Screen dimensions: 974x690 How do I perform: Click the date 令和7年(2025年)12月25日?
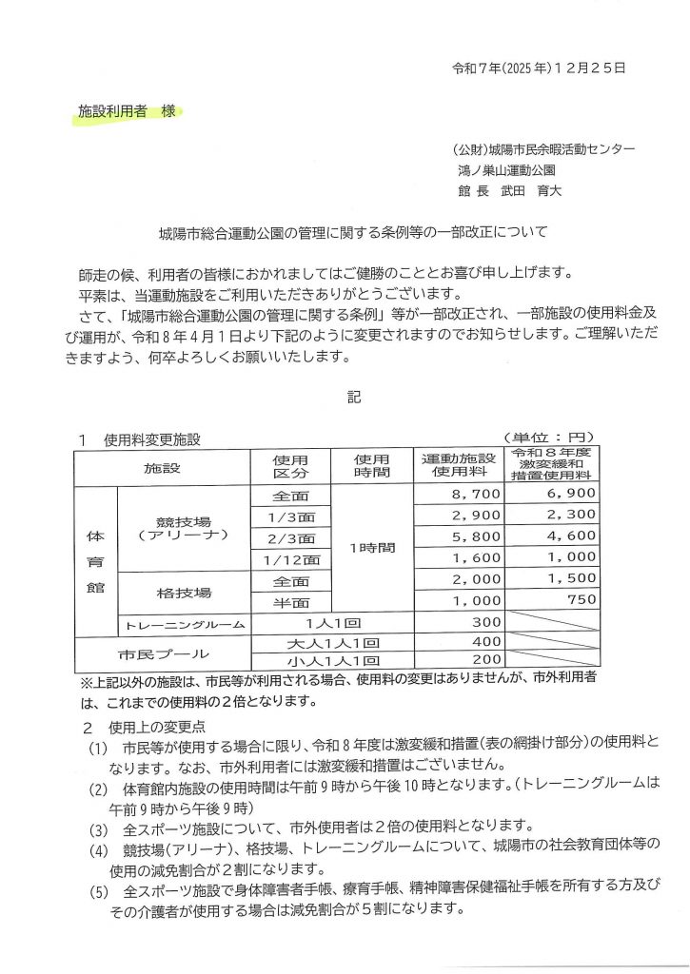click(x=538, y=68)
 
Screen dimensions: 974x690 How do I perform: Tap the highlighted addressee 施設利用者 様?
click(x=128, y=112)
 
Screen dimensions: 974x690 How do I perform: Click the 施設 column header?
click(x=162, y=467)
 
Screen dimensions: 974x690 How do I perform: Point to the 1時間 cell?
click(x=372, y=548)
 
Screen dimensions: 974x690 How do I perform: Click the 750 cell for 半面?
click(x=583, y=600)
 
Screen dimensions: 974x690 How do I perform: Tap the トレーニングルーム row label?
click(x=183, y=624)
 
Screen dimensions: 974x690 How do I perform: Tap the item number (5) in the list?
click(x=99, y=894)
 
